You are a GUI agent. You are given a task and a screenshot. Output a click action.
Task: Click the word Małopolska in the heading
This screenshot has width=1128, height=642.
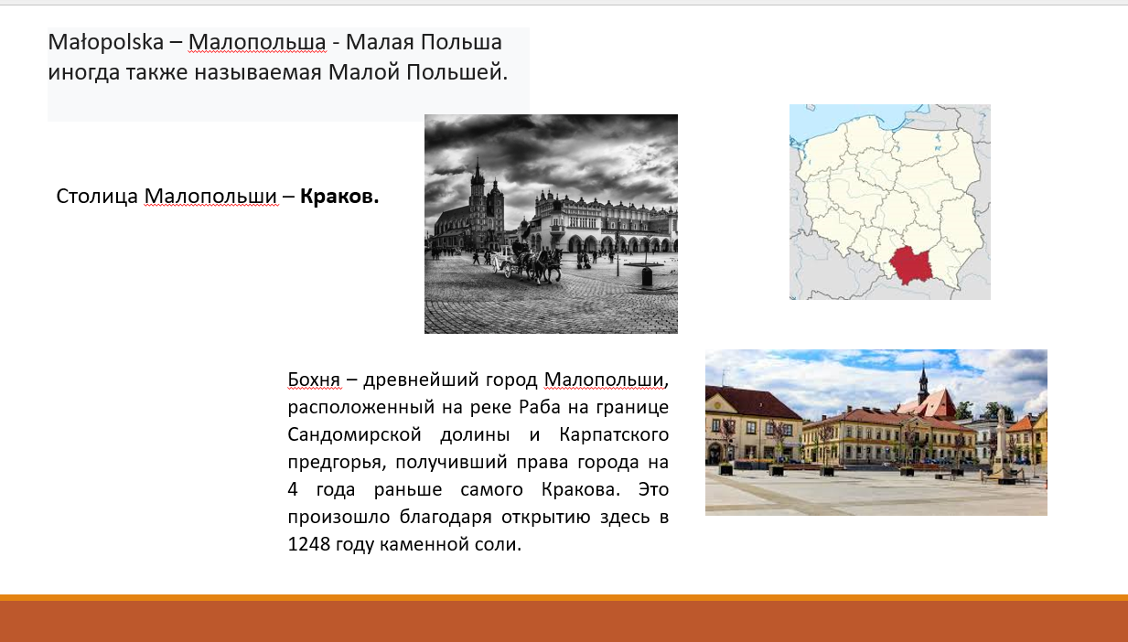pos(106,42)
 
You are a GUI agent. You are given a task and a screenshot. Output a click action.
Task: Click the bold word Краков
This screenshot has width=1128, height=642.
pos(339,196)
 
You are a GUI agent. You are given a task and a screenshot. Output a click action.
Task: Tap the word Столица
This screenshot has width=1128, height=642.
pos(97,197)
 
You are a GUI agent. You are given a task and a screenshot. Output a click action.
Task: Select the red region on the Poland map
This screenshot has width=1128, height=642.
pos(911,265)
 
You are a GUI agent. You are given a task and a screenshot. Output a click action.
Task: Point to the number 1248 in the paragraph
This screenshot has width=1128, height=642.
pos(308,544)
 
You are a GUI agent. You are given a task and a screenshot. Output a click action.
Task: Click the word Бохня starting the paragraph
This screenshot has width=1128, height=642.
pos(314,380)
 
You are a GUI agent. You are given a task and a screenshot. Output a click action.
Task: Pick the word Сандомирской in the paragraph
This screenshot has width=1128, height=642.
pos(354,434)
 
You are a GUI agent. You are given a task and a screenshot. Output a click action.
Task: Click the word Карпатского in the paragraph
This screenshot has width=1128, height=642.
pos(613,434)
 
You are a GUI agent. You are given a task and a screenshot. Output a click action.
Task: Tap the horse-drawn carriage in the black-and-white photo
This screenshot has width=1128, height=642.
pos(526,262)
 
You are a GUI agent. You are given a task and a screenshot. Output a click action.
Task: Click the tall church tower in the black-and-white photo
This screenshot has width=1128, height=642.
pos(477,201)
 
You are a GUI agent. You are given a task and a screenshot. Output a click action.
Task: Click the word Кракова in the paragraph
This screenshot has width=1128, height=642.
pos(581,489)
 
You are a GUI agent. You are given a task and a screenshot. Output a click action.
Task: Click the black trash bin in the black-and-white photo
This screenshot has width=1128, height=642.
pos(647,277)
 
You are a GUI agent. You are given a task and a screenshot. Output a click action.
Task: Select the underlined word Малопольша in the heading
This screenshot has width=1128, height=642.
pos(257,42)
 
